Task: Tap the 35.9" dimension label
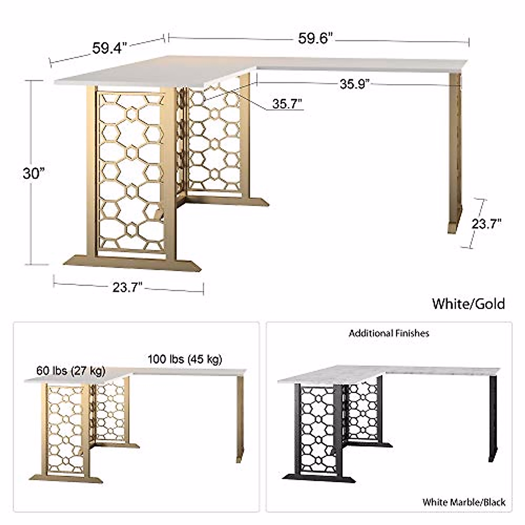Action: [x=355, y=84]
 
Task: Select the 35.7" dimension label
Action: [x=287, y=104]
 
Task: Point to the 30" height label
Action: [x=34, y=174]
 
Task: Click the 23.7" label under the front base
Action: [x=127, y=287]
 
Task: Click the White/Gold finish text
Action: [x=468, y=304]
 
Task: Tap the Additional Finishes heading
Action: [x=388, y=333]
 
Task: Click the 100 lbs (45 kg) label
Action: [x=185, y=360]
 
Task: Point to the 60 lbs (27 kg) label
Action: [x=70, y=371]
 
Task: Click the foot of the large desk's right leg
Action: [x=455, y=225]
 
